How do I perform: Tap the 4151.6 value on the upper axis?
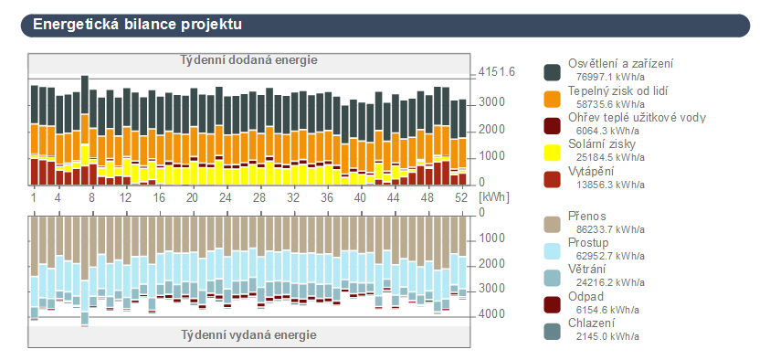point(497,72)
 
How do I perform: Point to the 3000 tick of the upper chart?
point(492,101)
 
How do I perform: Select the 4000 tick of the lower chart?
point(493,313)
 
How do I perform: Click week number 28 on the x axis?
point(259,197)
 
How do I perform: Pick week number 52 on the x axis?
point(461,197)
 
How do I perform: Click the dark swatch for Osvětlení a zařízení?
point(553,71)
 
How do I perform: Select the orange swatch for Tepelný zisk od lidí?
point(553,98)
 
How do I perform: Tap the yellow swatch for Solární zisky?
point(553,152)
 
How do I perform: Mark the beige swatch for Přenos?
point(553,224)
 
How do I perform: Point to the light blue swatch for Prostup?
point(553,250)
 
